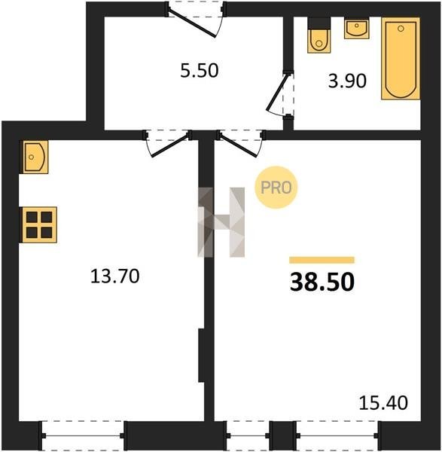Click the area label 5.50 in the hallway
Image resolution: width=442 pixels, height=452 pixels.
click(x=200, y=71)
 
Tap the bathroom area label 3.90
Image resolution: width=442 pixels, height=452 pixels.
click(x=347, y=81)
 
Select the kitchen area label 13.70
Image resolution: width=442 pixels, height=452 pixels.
click(x=115, y=276)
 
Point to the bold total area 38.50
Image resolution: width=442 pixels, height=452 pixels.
click(x=322, y=282)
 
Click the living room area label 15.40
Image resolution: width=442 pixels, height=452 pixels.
click(x=383, y=403)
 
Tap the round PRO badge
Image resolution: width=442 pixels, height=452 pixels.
click(x=276, y=188)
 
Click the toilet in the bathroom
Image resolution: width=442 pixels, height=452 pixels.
click(x=319, y=35)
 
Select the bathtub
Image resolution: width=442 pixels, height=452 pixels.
click(x=401, y=59)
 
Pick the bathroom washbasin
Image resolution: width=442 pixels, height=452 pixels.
click(x=357, y=28)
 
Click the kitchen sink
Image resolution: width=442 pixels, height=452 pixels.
click(x=34, y=157)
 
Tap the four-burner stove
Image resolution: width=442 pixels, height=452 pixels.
click(x=38, y=224)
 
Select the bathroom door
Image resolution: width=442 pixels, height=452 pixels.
click(x=280, y=93)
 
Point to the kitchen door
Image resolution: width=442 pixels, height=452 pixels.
click(x=168, y=143)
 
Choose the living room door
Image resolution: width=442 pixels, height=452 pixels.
click(x=241, y=143)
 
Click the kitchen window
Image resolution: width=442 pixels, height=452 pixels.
click(x=83, y=435)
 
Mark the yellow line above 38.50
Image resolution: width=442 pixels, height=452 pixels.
click(x=322, y=260)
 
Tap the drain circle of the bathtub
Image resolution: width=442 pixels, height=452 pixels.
click(x=401, y=29)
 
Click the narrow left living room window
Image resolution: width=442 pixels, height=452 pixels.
click(x=248, y=435)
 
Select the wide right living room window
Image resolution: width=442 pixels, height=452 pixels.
click(x=337, y=435)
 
